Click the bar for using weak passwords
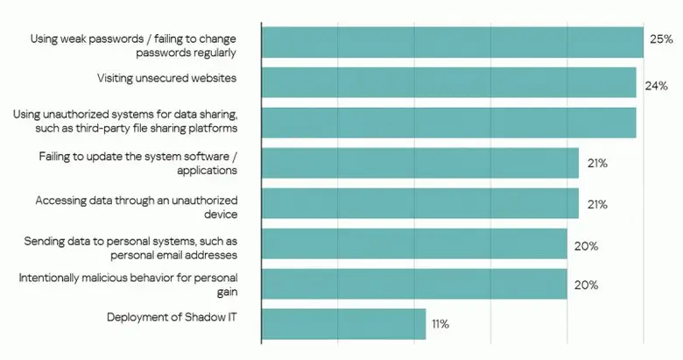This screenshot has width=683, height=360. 452,42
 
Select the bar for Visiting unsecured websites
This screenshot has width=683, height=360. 448,82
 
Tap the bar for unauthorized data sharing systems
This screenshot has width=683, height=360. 448,123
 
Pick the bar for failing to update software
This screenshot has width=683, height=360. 419,163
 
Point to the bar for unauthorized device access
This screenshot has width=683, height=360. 419,203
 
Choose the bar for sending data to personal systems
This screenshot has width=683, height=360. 414,244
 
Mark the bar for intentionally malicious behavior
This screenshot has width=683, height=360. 414,284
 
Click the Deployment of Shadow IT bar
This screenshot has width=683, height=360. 343,324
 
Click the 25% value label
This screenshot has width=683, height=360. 660,39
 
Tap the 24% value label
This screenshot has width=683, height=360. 657,86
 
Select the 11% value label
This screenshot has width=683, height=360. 440,325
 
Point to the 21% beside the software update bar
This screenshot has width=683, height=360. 597,164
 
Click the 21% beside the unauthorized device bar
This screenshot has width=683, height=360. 597,204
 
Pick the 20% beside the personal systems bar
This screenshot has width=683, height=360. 586,246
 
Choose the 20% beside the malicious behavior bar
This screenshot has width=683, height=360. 586,286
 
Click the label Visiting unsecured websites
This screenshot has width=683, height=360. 166,79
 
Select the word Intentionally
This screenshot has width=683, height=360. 52,278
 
